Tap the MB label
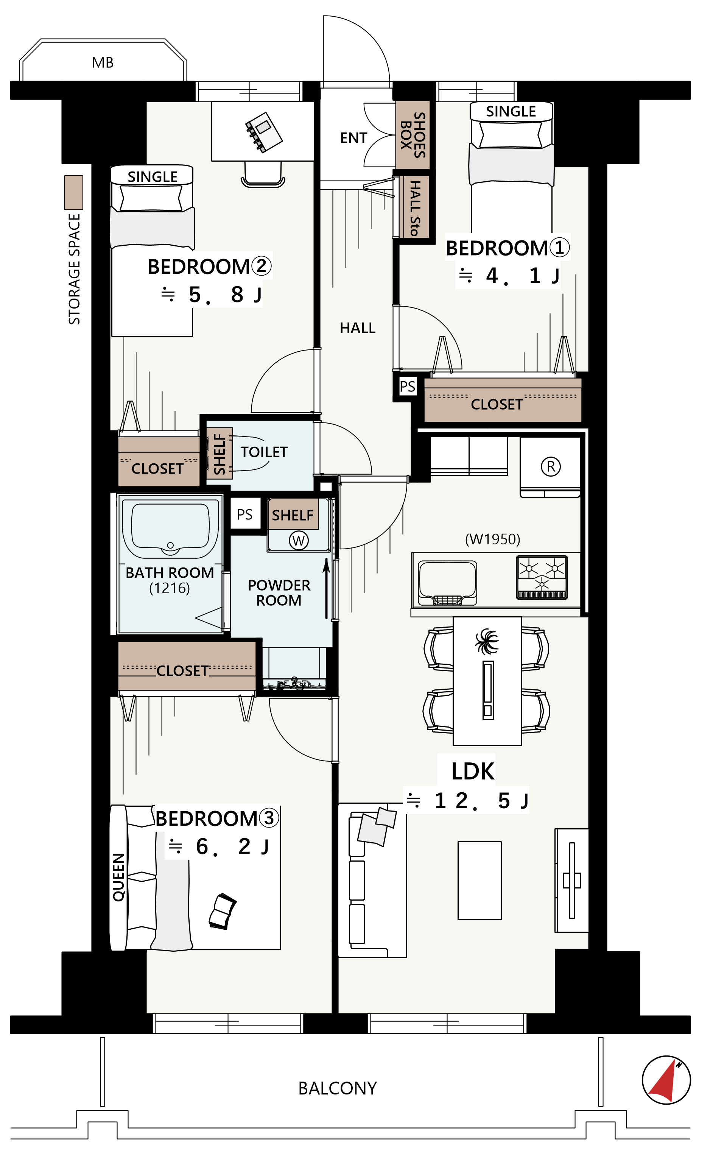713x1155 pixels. point(103,63)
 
